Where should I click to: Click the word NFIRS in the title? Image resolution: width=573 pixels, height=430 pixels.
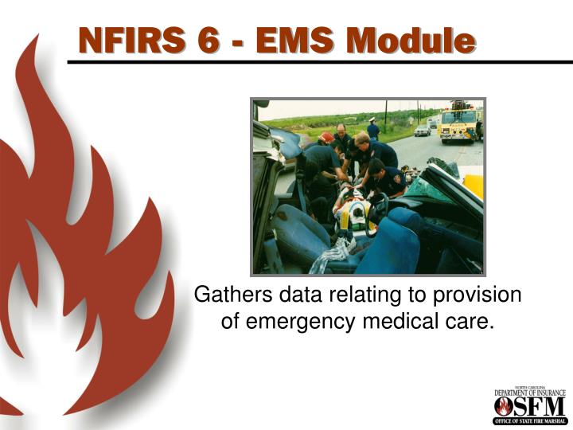click(x=131, y=39)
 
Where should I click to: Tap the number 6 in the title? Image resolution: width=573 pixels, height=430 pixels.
click(x=208, y=39)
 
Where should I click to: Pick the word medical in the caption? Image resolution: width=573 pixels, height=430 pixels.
click(x=409, y=321)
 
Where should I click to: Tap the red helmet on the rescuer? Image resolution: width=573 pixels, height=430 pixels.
click(x=327, y=138)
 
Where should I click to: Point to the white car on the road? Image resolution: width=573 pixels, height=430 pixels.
click(x=423, y=130)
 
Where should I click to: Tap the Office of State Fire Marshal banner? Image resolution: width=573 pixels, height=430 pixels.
click(x=529, y=420)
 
